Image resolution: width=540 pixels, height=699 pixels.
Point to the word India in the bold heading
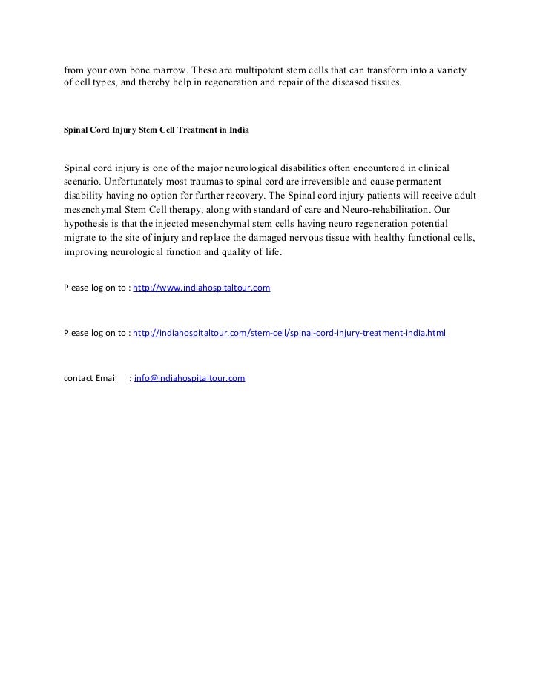239,130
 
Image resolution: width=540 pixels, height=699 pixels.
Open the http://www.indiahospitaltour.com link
201,287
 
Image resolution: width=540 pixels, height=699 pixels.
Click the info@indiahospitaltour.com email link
189,378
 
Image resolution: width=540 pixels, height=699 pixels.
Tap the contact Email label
91,378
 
